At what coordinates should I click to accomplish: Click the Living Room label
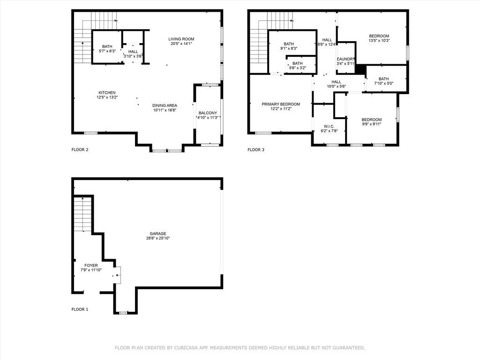[181, 39]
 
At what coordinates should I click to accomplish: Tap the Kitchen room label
[107, 93]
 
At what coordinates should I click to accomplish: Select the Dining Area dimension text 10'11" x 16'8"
[165, 110]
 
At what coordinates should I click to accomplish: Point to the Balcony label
[208, 113]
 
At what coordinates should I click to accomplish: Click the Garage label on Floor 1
[158, 233]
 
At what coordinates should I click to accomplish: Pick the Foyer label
[91, 265]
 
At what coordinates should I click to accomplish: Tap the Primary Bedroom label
[281, 104]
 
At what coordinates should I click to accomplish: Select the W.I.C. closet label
[329, 127]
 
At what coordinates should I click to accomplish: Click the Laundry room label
[345, 59]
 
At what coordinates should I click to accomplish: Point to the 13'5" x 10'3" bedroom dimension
[379, 40]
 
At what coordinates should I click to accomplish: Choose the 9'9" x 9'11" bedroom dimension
[372, 124]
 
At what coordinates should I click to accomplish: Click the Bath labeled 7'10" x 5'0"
[383, 79]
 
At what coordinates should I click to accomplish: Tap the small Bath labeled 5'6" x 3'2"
[298, 63]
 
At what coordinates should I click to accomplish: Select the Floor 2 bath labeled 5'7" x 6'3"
[107, 46]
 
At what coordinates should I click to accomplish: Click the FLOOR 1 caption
[80, 309]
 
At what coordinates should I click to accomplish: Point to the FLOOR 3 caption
[256, 150]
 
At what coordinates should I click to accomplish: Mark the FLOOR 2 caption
[80, 150]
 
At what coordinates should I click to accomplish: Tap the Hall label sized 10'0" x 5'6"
[337, 82]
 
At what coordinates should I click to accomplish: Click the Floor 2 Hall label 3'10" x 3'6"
[133, 52]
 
